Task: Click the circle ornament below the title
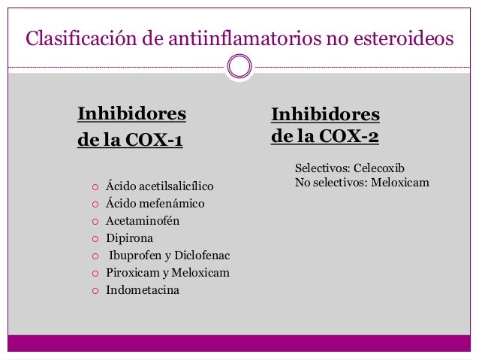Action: [239, 67]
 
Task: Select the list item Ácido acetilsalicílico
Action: [160, 185]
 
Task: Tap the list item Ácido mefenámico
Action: [155, 203]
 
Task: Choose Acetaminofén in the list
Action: [143, 221]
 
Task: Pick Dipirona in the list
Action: [129, 238]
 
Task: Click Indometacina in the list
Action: [143, 290]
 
